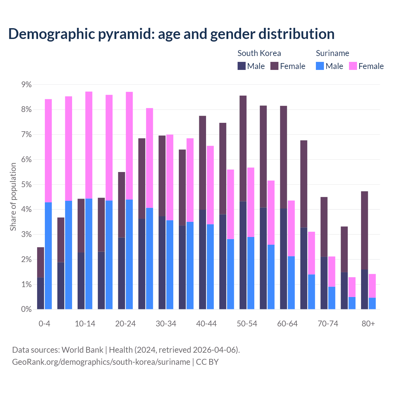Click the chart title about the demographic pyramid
pos(171,34)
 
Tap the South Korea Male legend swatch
pos(242,66)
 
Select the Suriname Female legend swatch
pos(353,66)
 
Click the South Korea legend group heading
pos(259,53)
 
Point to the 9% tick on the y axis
pos(24,85)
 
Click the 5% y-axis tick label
pos(24,185)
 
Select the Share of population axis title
pos(13,197)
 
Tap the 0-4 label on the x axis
pos(44,324)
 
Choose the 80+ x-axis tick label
pos(368,324)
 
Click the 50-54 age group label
pos(247,324)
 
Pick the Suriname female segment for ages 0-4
pos(48,151)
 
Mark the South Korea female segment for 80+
pos(364,230)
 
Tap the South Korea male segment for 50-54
pos(243,255)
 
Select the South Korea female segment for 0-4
pos(41,262)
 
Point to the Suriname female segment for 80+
pos(372,286)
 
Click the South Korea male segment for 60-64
pos(284,259)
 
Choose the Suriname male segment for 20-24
pos(129,254)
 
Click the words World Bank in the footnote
pos(82,350)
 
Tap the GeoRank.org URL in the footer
pos(101,362)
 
